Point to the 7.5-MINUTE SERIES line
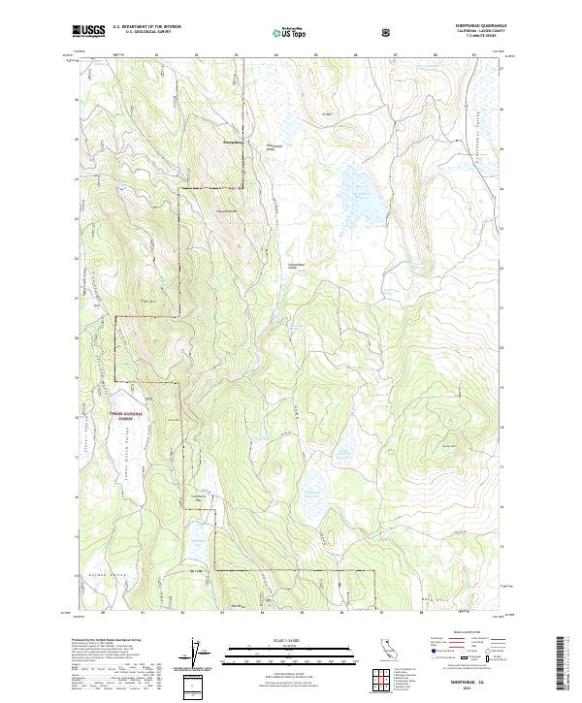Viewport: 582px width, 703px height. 474,38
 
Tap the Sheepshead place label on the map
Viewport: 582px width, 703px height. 234,143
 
